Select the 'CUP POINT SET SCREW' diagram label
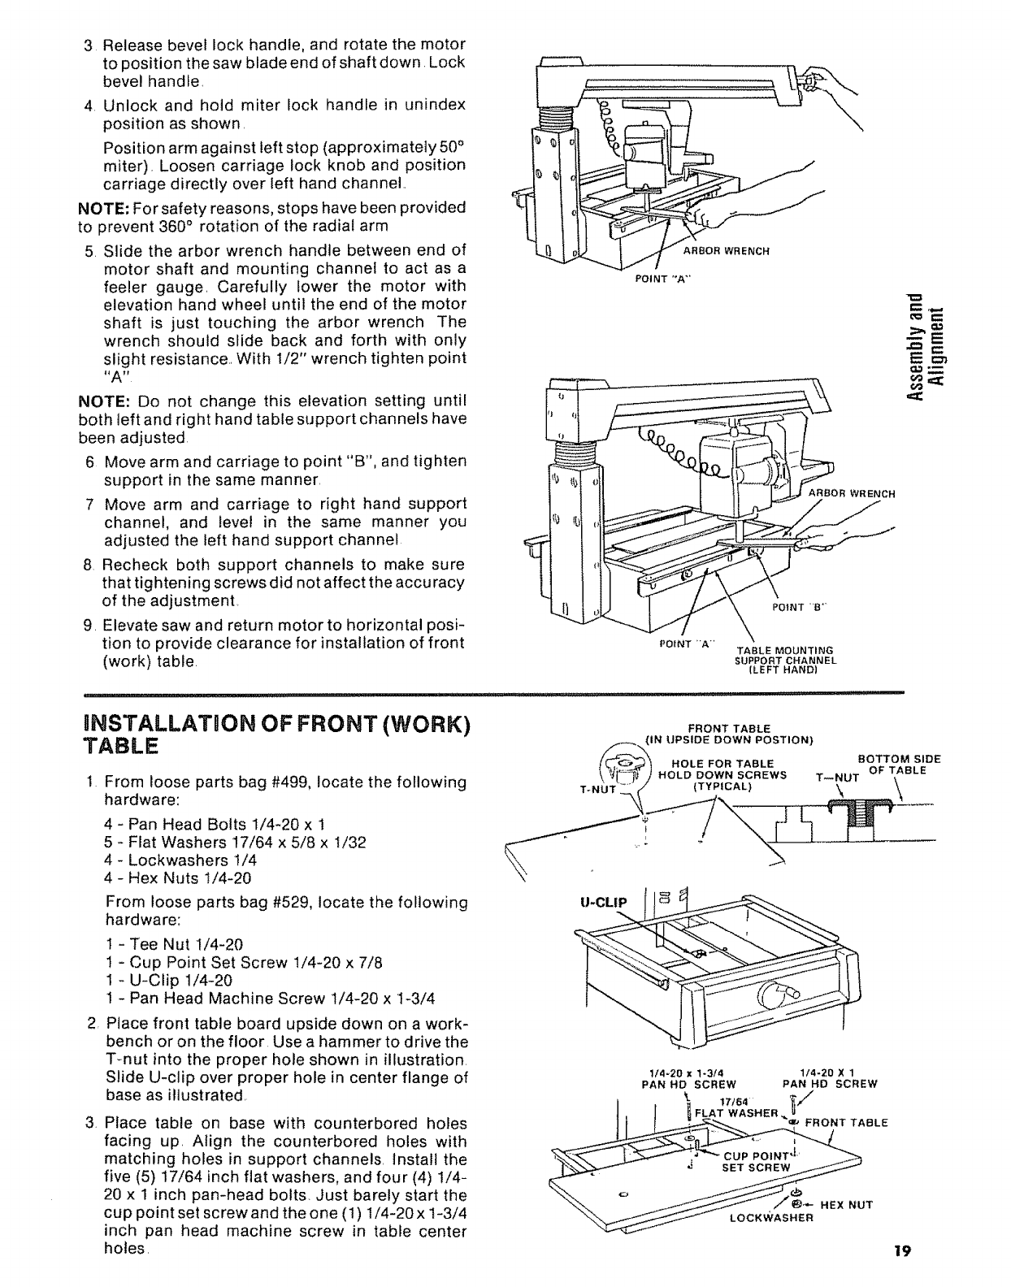point(758,1161)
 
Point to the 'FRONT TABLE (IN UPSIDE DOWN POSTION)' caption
point(728,734)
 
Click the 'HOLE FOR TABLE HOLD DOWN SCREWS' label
point(727,774)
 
